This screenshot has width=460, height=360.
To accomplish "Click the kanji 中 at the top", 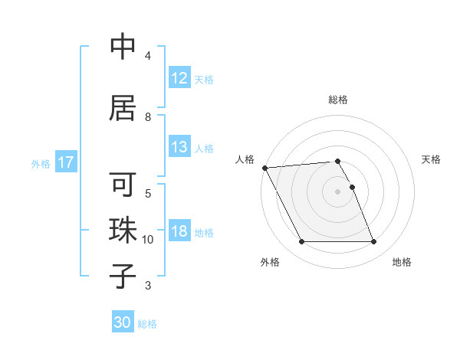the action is (123, 47).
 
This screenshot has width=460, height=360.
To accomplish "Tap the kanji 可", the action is (123, 186).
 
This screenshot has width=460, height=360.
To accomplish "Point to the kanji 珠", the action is (123, 231).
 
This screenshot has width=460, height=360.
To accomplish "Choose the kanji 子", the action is (123, 275).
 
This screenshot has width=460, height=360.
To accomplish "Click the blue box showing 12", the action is (179, 78).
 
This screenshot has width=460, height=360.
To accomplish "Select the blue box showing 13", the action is (179, 148).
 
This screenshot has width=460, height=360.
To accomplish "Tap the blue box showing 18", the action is (179, 232).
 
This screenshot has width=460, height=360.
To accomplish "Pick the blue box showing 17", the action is (66, 162).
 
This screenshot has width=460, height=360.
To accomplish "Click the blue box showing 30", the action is (123, 322).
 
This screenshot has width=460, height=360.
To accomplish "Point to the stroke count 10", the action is (148, 240).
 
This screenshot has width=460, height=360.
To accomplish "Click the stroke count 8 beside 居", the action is (148, 117).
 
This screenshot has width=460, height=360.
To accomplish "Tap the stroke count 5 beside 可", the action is (148, 192).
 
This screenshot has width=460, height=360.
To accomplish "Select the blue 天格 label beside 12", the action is (204, 79).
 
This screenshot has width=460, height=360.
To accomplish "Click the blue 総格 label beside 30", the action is (147, 324).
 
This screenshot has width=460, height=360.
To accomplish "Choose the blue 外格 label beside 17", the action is (41, 163).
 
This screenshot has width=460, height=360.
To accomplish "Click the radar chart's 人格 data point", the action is (264, 168).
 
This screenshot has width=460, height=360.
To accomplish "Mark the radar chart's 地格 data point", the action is (373, 242).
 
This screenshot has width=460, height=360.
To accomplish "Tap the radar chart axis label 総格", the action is (338, 100).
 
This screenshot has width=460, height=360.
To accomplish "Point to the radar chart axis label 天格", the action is (432, 159).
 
